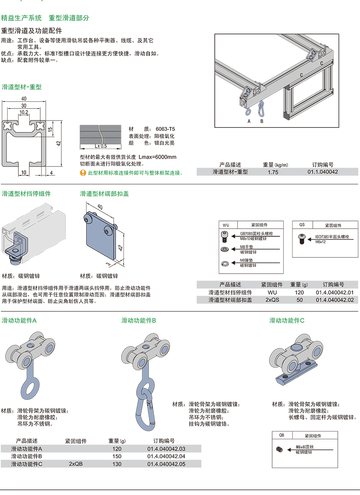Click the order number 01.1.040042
(323, 172)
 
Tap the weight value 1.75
(273, 172)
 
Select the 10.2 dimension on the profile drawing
(24, 112)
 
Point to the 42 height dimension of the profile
(59, 143)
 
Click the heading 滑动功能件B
(138, 320)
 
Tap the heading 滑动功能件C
(287, 320)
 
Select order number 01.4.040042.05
(166, 464)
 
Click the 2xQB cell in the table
(76, 464)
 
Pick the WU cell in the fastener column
(272, 292)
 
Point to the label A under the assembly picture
(249, 121)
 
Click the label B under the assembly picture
(262, 121)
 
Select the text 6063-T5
(165, 129)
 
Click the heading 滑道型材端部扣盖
(105, 193)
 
